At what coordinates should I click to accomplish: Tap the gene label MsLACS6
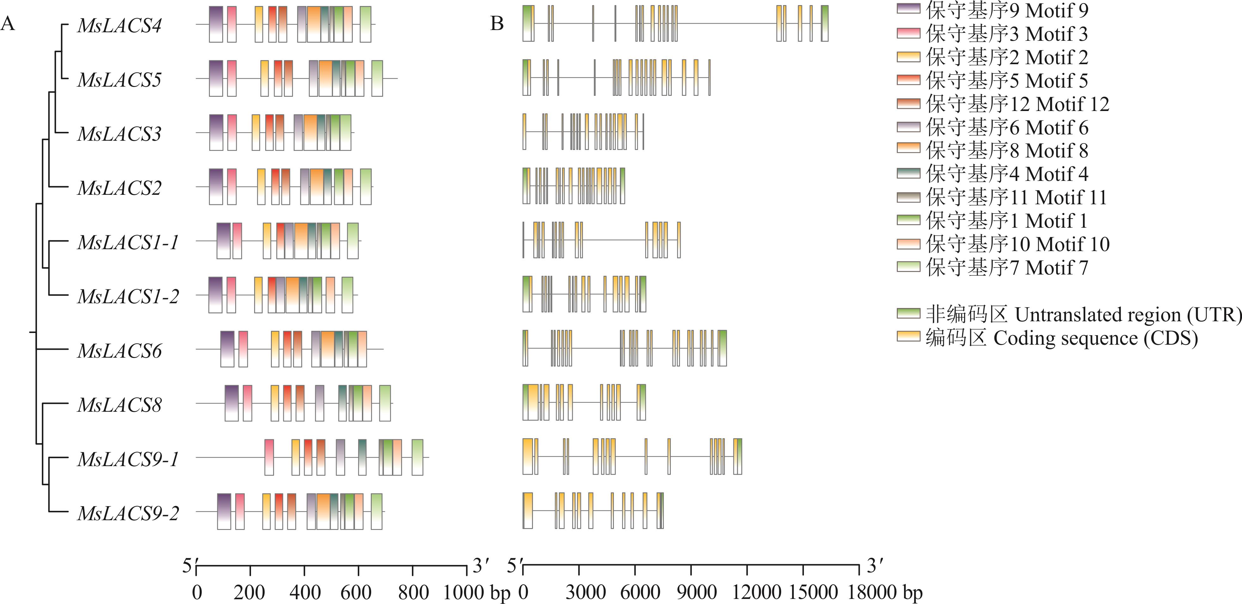[119, 351]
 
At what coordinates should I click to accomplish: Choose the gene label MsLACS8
[119, 405]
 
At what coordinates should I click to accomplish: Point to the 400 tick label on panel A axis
[304, 592]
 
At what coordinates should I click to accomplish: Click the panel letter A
[8, 23]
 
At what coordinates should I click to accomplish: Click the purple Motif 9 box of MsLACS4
[216, 24]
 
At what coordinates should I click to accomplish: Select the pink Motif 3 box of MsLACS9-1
[269, 457]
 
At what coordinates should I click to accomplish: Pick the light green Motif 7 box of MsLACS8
[385, 403]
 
